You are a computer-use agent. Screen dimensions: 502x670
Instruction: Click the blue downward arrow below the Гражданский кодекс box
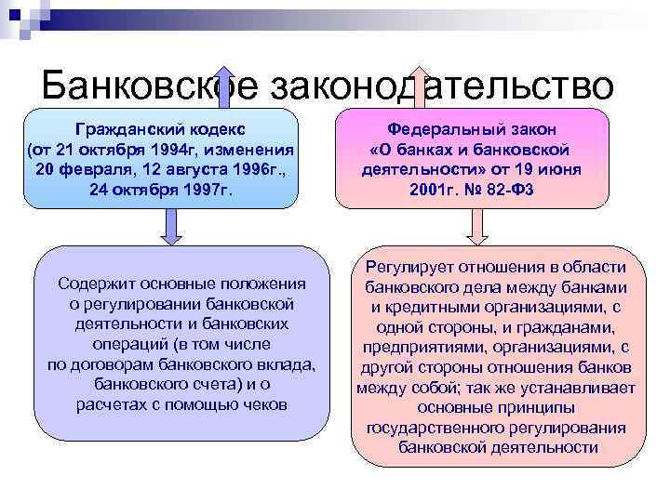pyautogui.click(x=173, y=226)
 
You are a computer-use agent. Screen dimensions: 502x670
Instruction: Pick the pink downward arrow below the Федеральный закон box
pyautogui.click(x=476, y=226)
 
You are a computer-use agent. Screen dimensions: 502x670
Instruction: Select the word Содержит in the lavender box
pyautogui.click(x=96, y=284)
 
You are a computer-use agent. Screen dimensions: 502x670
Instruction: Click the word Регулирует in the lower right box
pyautogui.click(x=409, y=268)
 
